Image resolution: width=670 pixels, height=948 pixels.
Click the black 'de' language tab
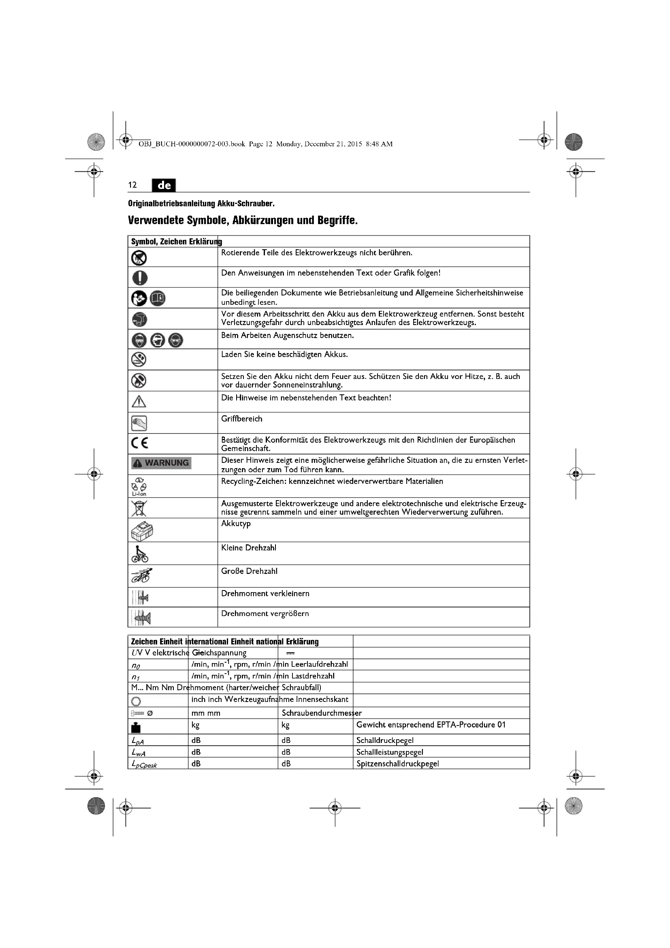point(164,185)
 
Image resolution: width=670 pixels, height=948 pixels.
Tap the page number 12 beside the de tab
point(132,185)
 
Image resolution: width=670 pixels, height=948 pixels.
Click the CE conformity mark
point(139,443)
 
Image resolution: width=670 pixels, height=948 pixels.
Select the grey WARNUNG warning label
point(161,463)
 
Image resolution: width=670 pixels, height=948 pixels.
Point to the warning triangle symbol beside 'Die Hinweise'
point(139,401)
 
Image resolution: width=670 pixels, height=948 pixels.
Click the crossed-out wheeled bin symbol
point(139,508)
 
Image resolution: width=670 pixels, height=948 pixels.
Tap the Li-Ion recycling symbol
point(139,486)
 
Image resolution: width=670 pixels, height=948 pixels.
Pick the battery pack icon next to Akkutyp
point(141,531)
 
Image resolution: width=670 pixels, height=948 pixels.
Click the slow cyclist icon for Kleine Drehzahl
point(140,554)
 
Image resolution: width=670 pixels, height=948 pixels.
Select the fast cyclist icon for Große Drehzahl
point(141,576)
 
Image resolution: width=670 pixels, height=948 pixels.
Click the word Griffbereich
point(241,419)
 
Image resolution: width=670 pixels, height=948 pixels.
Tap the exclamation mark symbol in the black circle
point(140,277)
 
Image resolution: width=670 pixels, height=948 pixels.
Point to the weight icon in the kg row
point(136,727)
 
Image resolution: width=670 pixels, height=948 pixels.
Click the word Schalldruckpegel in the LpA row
point(384,740)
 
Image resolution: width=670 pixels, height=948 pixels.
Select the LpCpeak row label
point(144,764)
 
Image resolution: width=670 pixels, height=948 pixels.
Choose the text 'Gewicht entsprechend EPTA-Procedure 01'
point(431,725)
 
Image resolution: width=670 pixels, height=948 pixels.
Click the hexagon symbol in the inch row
point(136,701)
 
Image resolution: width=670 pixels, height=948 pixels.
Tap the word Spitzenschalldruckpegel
point(397,764)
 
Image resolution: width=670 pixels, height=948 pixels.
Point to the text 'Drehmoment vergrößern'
point(265,613)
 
